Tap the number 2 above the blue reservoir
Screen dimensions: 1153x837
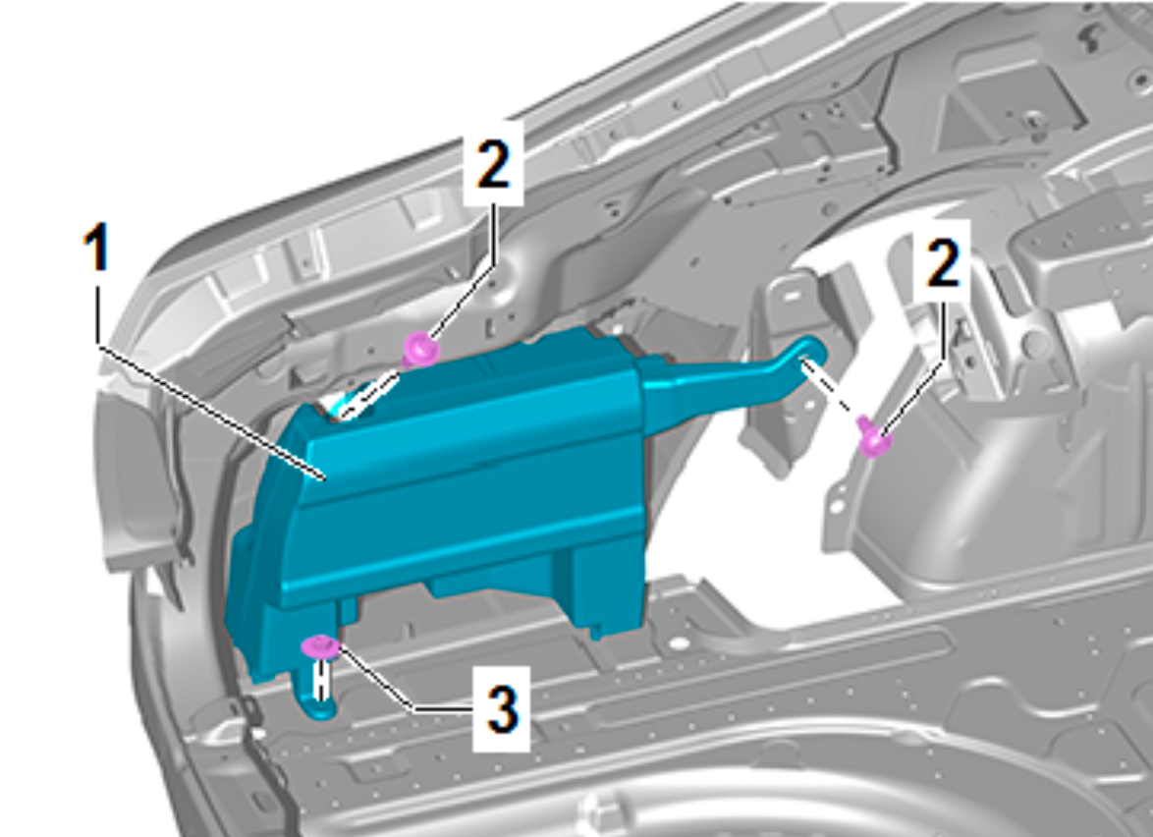click(493, 163)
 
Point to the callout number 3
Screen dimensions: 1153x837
click(502, 709)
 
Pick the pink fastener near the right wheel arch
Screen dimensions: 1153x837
click(873, 438)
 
